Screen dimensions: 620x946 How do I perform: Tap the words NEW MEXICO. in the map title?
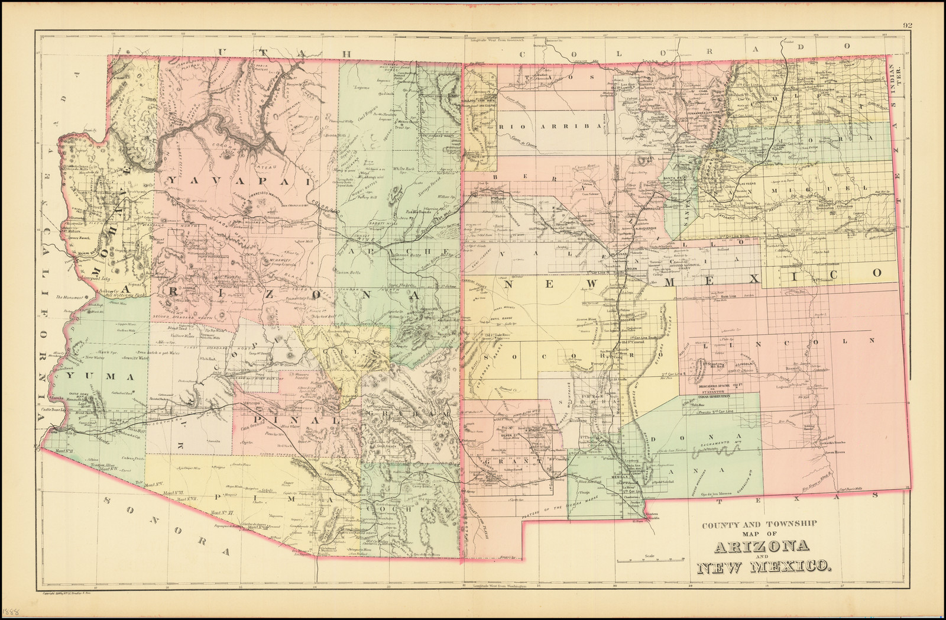[763, 567]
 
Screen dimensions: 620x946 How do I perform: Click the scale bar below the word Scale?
[649, 560]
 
